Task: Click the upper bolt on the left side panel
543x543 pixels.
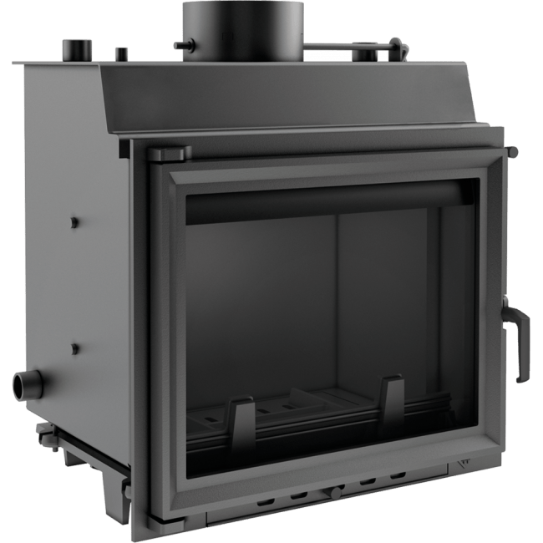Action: coord(74,223)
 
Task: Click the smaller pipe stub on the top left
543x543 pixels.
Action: coord(121,55)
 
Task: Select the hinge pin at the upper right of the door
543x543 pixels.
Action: coord(511,151)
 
